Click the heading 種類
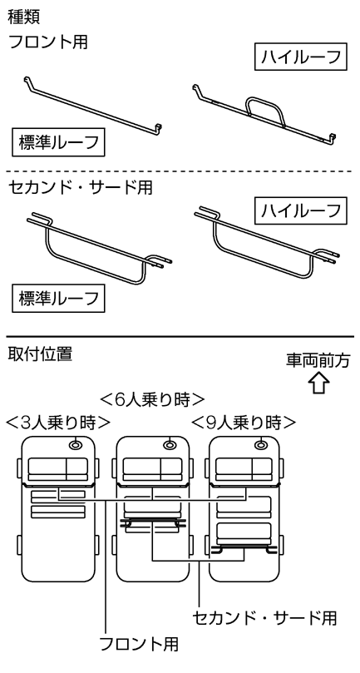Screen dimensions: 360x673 click(x=24, y=17)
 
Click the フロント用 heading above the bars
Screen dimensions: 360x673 click(x=48, y=42)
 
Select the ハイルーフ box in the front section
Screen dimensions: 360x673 click(x=300, y=57)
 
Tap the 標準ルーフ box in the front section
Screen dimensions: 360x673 click(x=58, y=142)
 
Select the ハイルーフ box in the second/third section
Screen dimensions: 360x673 click(x=300, y=210)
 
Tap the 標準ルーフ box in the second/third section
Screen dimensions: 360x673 click(x=58, y=299)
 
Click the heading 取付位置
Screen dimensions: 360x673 click(x=40, y=354)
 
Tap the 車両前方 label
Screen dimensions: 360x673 click(x=318, y=361)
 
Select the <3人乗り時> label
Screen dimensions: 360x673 click(x=57, y=423)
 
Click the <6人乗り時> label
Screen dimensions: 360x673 click(x=151, y=400)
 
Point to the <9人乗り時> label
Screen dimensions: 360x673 click(x=244, y=423)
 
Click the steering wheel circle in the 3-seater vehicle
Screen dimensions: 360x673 click(x=76, y=445)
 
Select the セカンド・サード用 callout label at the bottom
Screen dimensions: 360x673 click(x=264, y=618)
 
